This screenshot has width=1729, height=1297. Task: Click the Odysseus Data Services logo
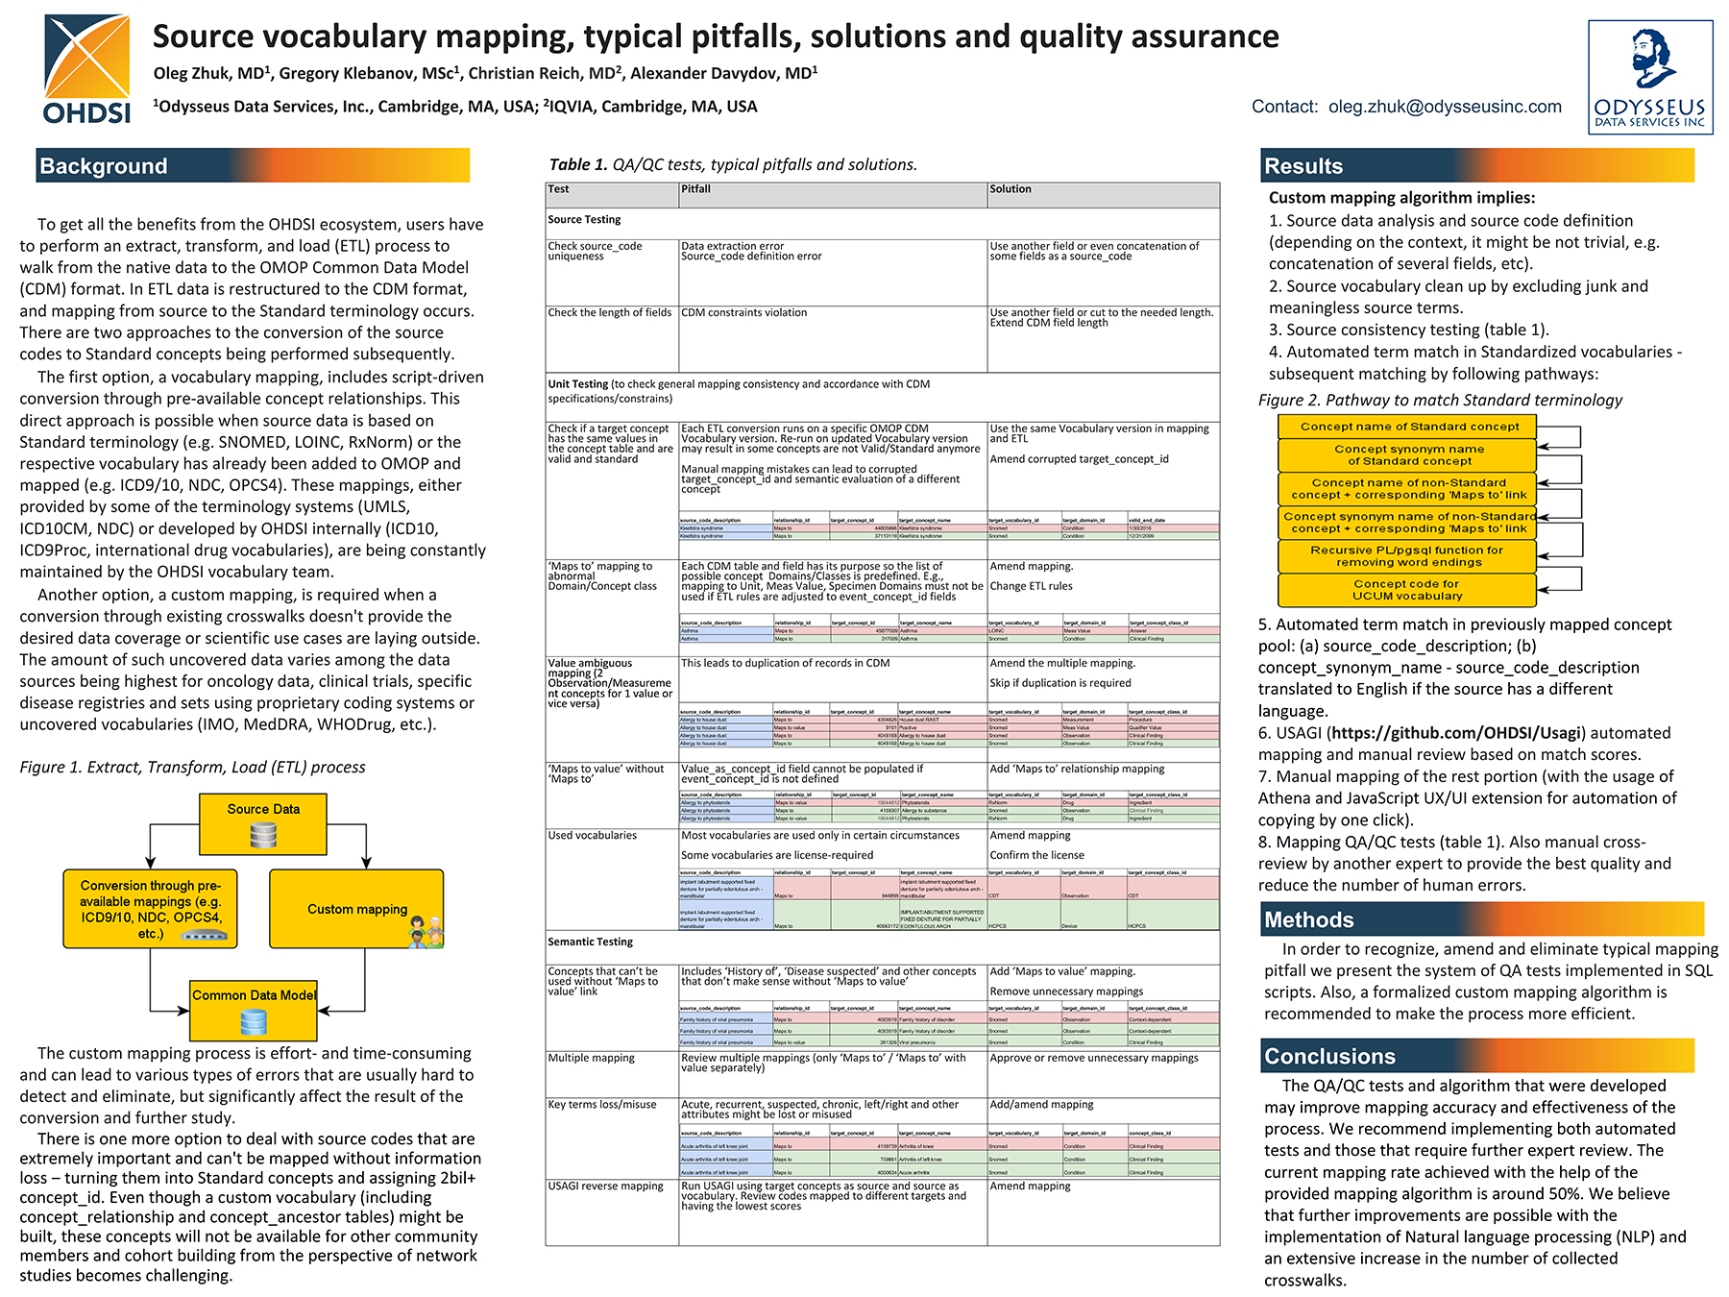pos(1649,77)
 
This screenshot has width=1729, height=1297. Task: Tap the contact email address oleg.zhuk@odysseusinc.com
pos(1445,107)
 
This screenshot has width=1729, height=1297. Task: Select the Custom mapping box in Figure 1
pos(356,909)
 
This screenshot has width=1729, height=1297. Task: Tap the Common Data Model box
pos(254,1009)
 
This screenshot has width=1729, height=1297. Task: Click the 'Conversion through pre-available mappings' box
pos(151,909)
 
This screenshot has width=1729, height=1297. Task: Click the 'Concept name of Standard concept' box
pos(1408,427)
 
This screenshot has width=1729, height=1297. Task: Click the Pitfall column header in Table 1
pos(696,189)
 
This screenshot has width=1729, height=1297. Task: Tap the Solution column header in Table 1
pos(1011,189)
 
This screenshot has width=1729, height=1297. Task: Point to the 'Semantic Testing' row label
pos(591,942)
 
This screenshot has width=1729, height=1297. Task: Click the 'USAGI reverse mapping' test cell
pos(606,1187)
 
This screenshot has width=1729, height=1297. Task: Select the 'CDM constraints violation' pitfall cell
pos(744,313)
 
